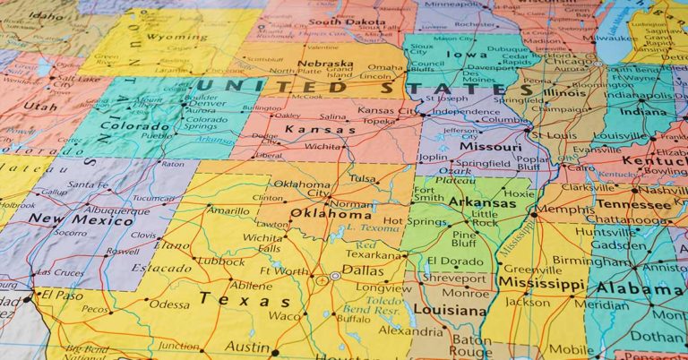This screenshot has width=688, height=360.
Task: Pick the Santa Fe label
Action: (x=87, y=184)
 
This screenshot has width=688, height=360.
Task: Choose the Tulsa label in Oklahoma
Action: (x=362, y=178)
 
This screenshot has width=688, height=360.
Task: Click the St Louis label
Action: (x=553, y=135)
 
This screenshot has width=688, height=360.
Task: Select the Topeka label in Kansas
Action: (x=380, y=119)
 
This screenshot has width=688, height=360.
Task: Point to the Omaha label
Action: (x=385, y=67)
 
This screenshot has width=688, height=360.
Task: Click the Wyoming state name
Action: (x=170, y=39)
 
